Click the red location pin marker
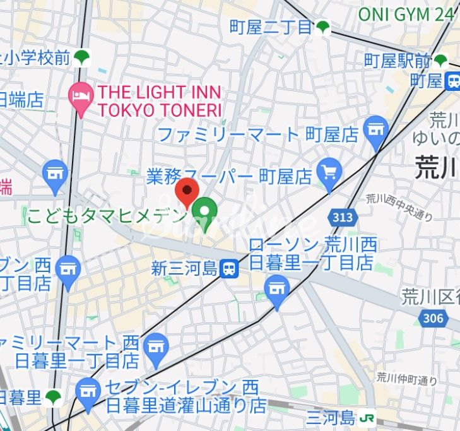187,191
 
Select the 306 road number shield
433,318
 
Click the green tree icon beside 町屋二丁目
323,27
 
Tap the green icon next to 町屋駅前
440,61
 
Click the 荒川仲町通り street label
406,379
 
